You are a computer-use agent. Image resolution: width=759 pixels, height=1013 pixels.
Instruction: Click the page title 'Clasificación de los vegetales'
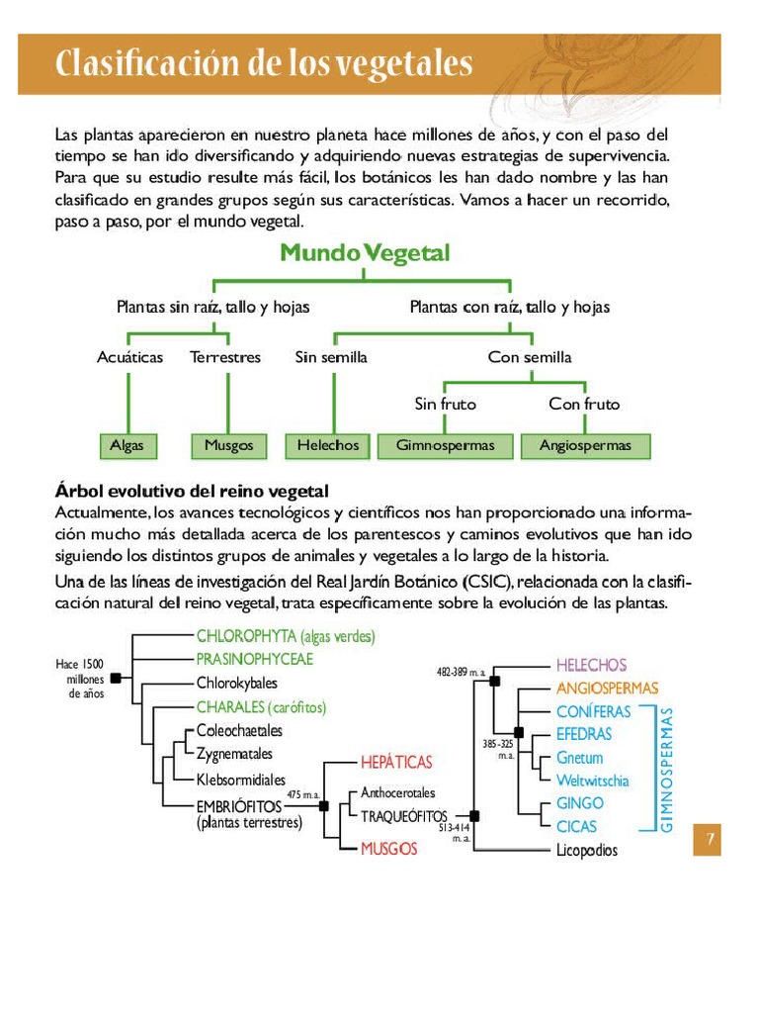coord(264,63)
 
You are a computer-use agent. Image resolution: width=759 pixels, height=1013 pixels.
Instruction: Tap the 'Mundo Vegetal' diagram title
coord(365,253)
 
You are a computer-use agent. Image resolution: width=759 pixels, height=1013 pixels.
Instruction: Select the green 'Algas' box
coord(127,446)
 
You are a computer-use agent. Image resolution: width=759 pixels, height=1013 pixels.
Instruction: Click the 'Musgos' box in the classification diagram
coord(228,446)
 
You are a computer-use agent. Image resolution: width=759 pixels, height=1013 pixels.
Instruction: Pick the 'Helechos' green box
coord(328,446)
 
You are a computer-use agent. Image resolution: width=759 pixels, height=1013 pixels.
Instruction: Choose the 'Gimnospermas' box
coord(445,446)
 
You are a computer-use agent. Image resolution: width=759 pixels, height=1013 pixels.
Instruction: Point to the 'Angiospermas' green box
coord(585,446)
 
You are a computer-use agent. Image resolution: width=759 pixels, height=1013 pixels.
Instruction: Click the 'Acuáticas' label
coord(129,357)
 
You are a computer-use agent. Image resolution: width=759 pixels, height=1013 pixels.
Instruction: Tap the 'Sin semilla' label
coord(331,357)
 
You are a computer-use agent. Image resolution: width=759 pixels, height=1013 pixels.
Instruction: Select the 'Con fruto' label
coord(584,404)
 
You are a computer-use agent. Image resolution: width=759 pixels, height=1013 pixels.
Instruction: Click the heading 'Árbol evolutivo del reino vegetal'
coord(192,492)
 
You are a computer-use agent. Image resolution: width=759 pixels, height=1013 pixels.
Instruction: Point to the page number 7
coord(708,840)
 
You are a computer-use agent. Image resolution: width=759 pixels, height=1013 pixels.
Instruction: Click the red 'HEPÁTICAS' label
coord(396,763)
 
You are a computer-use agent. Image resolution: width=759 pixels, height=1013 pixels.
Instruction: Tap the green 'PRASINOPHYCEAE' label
coord(254,659)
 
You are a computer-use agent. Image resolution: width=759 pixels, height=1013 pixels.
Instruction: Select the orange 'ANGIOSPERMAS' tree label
coord(607,688)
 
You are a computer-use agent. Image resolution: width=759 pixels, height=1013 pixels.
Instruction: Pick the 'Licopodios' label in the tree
coord(586,850)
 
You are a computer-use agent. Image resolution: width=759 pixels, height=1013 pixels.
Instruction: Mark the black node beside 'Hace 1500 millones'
coord(116,678)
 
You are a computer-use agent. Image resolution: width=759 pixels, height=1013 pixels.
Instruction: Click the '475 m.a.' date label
coord(302,795)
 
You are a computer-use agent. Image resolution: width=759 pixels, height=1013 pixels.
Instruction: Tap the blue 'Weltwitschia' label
coord(592,781)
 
